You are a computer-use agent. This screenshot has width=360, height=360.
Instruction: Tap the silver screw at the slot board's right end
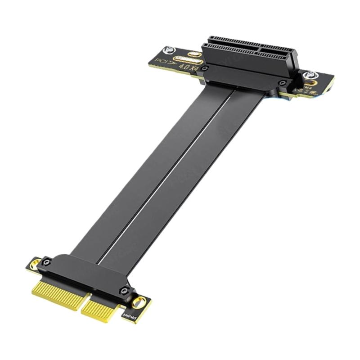pyautogui.click(x=309, y=76)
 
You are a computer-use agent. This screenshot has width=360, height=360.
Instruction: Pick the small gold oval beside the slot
pyautogui.click(x=195, y=54)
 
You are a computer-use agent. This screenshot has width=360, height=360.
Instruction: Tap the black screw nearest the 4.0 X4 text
pyautogui.click(x=205, y=68)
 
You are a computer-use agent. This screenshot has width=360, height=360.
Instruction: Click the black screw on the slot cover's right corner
pyautogui.click(x=282, y=83)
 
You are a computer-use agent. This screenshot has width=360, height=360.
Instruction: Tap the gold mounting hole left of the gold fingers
pyautogui.click(x=34, y=264)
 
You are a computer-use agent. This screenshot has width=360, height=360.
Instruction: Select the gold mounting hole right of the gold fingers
pyautogui.click(x=140, y=302)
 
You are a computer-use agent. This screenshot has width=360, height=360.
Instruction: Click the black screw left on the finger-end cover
pyautogui.click(x=46, y=261)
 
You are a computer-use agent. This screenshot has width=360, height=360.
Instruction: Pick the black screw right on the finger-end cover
pyautogui.click(x=125, y=291)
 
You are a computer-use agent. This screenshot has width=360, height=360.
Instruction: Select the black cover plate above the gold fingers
pyautogui.click(x=85, y=274)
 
